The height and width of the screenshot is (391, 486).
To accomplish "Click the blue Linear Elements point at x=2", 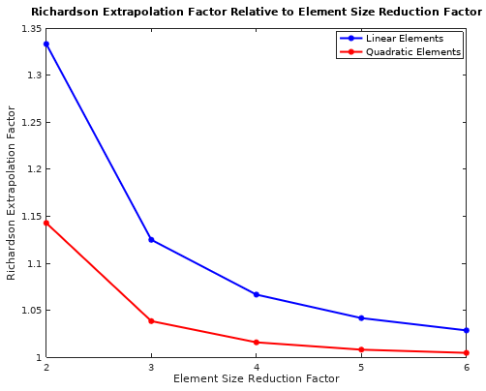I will (x=46, y=44).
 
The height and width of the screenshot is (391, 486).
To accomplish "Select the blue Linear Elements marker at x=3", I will (x=151, y=239).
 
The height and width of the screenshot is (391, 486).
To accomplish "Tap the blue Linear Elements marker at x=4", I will (x=257, y=294).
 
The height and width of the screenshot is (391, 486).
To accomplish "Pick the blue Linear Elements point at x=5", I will (x=361, y=317).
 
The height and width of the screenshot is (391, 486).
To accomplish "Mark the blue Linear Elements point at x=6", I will (x=467, y=330).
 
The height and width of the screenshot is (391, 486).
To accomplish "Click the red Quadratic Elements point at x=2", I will (x=46, y=223).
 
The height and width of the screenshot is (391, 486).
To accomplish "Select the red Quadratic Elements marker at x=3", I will (x=151, y=320).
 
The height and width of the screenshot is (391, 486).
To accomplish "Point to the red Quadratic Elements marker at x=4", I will (x=257, y=342).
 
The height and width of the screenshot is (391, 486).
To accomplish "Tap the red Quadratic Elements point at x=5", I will (x=361, y=349).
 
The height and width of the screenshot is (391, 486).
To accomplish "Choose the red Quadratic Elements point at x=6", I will (x=467, y=352).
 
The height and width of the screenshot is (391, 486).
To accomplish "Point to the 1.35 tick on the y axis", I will (x=28, y=28).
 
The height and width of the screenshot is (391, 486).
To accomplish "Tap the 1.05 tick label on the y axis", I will (x=28, y=311).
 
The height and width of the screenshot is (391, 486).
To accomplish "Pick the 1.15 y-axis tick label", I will (x=28, y=217).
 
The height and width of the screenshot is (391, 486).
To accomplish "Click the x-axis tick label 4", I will (x=257, y=368).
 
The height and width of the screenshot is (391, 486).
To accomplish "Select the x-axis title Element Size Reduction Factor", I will (x=256, y=379).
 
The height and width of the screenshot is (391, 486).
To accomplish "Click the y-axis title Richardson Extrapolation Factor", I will (x=12, y=193).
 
